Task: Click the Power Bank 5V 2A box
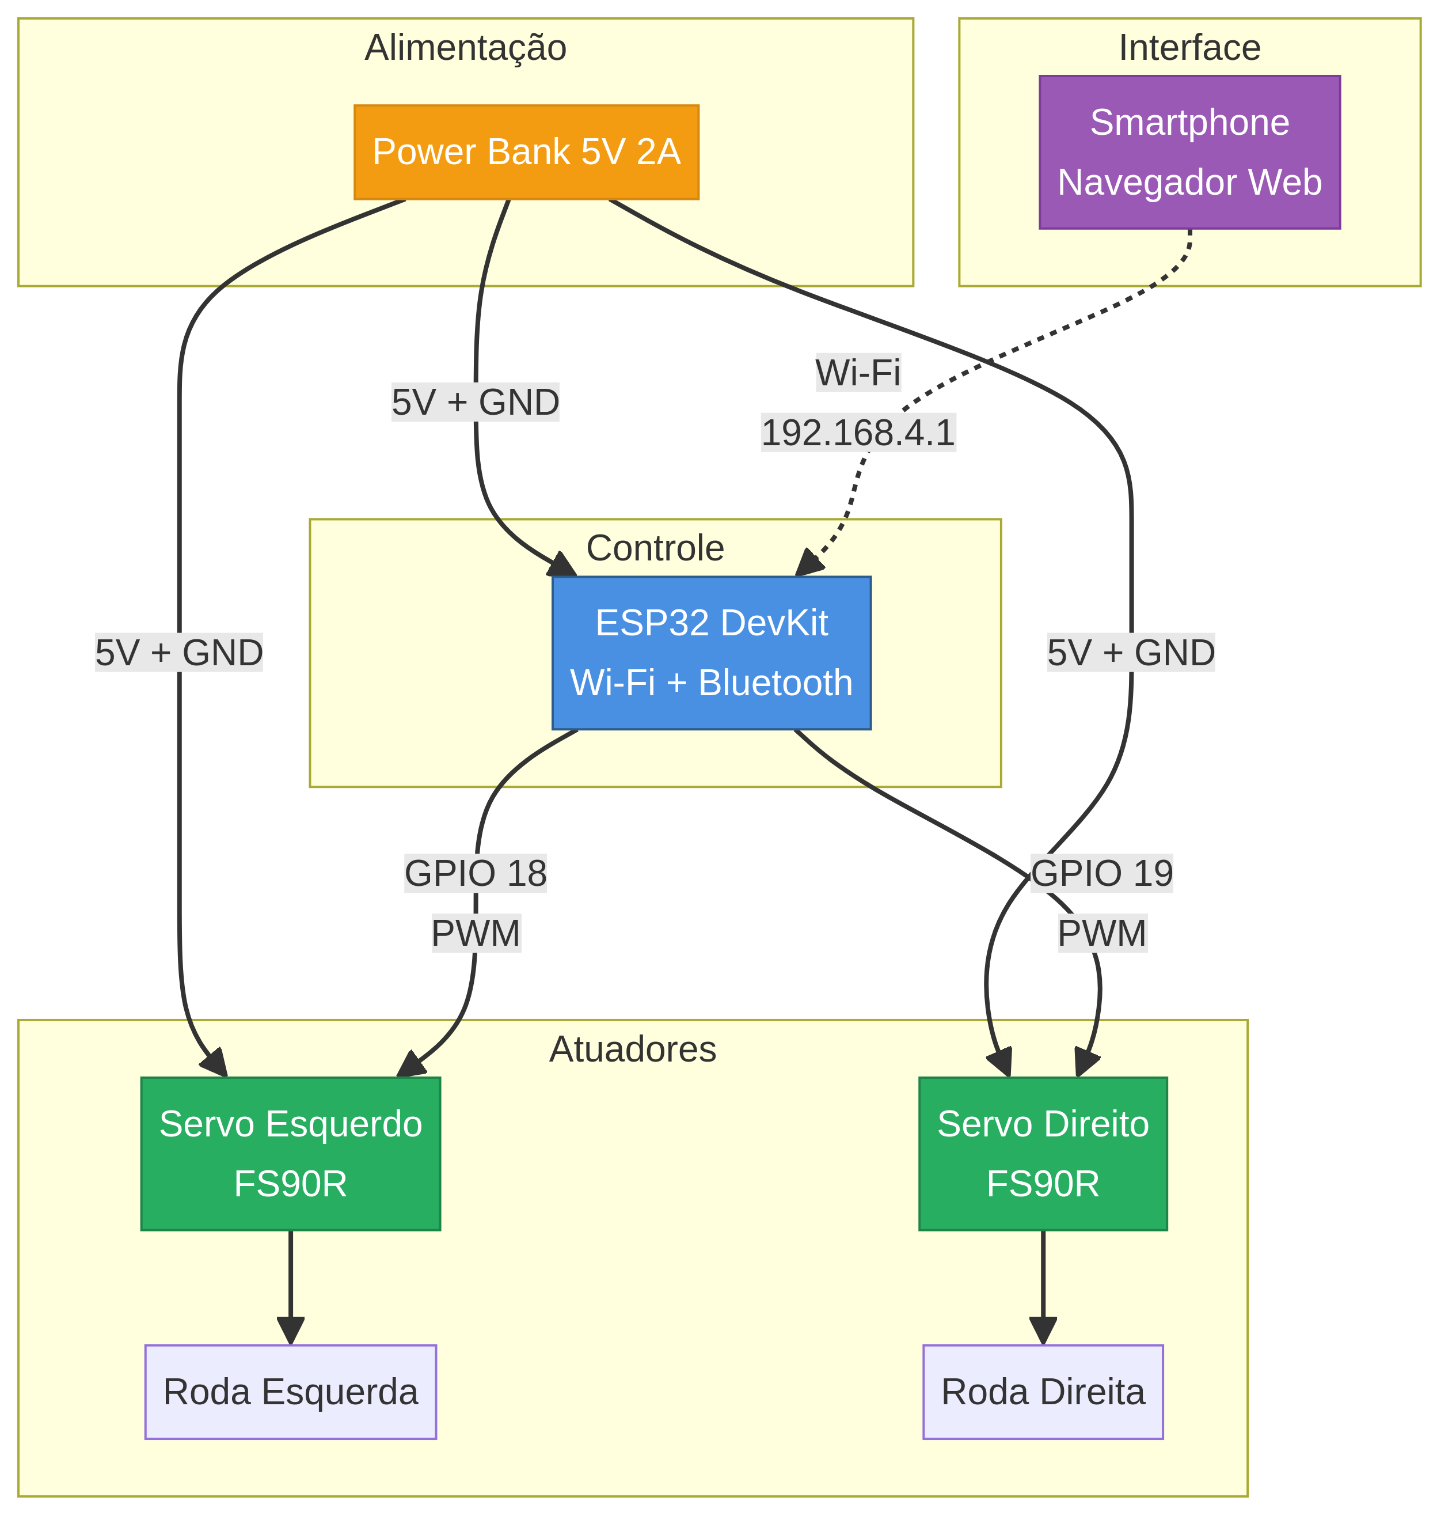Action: click(526, 151)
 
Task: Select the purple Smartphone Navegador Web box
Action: click(1189, 151)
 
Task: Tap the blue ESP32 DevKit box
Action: click(711, 652)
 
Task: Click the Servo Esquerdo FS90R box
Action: click(290, 1154)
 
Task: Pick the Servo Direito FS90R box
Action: click(1043, 1154)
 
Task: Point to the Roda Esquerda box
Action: click(290, 1391)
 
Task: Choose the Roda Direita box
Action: click(1043, 1391)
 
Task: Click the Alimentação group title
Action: click(465, 47)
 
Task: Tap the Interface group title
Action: click(1189, 47)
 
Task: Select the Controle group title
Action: click(655, 548)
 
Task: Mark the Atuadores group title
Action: click(633, 1049)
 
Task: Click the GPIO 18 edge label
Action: click(475, 874)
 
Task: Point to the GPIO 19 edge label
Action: click(1101, 874)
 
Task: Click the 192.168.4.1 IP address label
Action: click(857, 434)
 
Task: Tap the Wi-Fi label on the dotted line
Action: click(857, 373)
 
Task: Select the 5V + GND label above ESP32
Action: click(475, 403)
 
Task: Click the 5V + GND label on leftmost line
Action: click(178, 653)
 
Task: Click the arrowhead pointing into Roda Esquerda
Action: click(290, 1331)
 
